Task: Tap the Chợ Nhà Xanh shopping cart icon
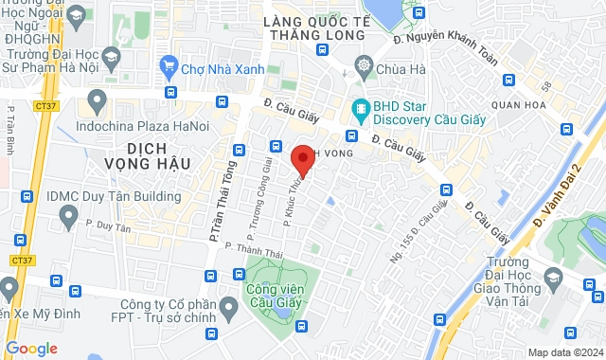point(170,66)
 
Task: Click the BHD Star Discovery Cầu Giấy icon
point(360,107)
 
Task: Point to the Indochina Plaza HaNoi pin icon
point(95,99)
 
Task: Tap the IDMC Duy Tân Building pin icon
point(67,218)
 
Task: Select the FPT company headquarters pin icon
point(228,308)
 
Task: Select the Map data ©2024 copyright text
point(564,352)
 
